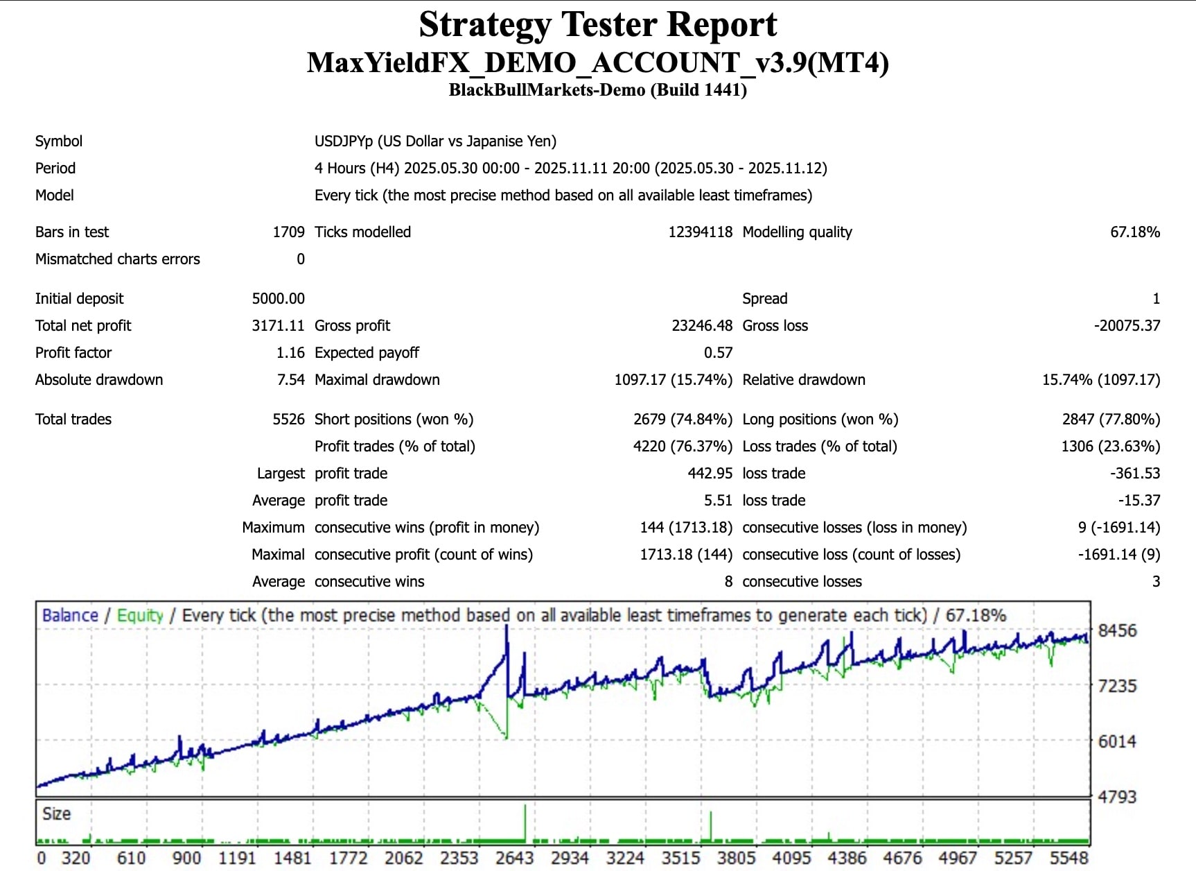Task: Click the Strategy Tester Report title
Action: (597, 25)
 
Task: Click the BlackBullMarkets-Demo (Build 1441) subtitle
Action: (597, 90)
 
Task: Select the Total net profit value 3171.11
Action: (278, 326)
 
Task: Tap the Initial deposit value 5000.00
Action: (278, 299)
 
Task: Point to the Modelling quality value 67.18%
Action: (1134, 232)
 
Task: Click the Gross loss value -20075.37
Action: (1127, 326)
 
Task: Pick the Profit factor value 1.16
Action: (290, 353)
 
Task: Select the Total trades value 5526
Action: (288, 420)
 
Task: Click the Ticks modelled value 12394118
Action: (700, 232)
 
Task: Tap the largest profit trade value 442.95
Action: (710, 474)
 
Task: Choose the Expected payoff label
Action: (367, 353)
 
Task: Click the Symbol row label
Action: (59, 141)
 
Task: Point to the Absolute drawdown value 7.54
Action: (290, 380)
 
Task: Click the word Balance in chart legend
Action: (70, 616)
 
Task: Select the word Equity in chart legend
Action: (140, 616)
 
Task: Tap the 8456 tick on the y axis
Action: (1117, 631)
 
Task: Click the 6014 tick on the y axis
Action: (1117, 742)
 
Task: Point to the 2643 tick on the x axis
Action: (514, 859)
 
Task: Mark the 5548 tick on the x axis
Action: (1069, 859)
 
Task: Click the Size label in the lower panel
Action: (56, 814)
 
